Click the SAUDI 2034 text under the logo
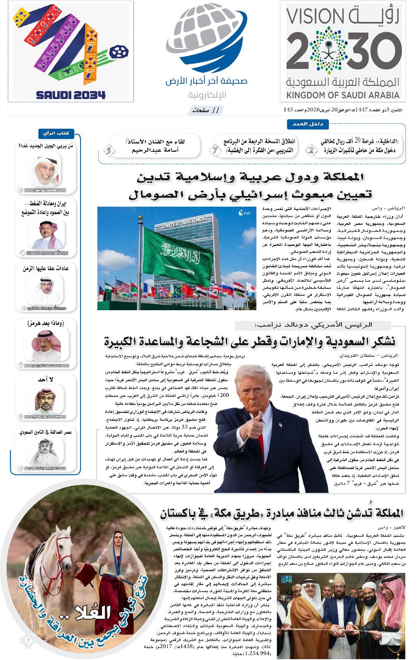point(71,95)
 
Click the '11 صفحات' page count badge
point(206,110)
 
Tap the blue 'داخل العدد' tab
point(308,124)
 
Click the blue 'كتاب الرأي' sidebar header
point(57,133)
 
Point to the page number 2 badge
point(311,150)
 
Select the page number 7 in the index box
point(216,150)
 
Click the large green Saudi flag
point(178,252)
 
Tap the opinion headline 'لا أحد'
point(46,379)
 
